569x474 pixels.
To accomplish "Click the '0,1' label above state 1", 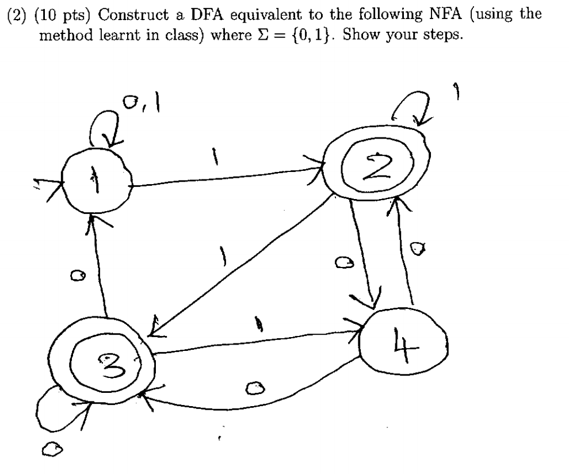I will pos(139,106).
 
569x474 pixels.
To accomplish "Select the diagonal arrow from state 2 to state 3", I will pos(242,265).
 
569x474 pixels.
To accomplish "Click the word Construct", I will pos(112,12).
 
